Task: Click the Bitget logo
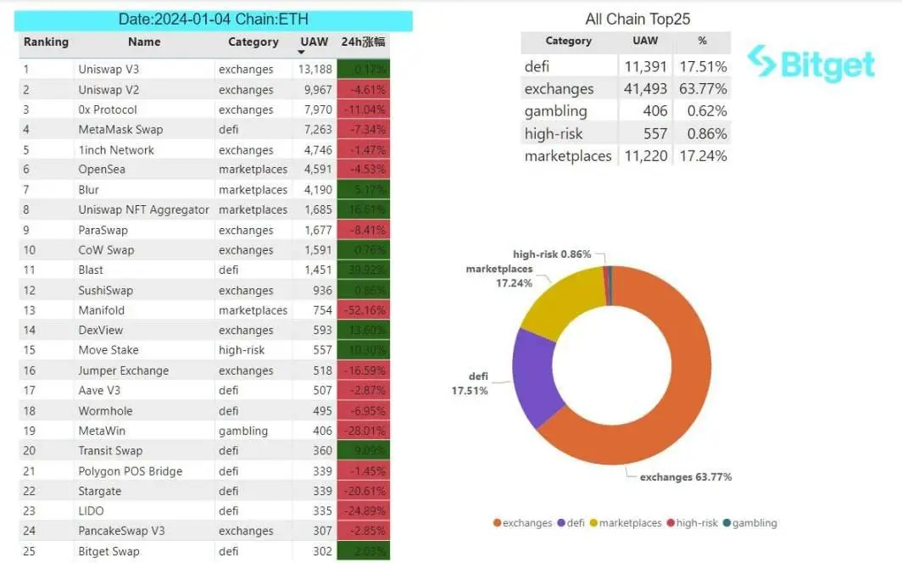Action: click(810, 64)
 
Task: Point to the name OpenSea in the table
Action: click(103, 170)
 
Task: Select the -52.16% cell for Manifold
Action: click(363, 310)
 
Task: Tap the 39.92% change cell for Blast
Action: click(363, 270)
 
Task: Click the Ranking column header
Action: click(46, 42)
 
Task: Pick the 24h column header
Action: click(363, 42)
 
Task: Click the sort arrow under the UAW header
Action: click(303, 53)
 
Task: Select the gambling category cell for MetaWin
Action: click(242, 431)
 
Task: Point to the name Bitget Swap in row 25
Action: click(109, 551)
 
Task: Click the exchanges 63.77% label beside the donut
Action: click(685, 477)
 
